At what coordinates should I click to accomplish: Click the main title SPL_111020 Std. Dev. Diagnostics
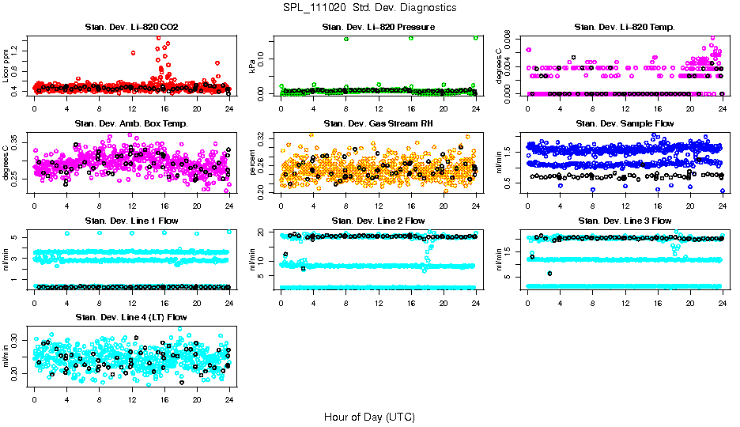(369, 7)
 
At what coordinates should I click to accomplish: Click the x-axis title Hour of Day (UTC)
(369, 416)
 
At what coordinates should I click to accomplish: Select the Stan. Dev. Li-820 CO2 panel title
(131, 28)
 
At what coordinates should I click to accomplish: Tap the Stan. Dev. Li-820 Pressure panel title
(378, 28)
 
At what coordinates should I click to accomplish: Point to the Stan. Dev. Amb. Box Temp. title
(131, 124)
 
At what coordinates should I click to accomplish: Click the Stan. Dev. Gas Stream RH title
(378, 124)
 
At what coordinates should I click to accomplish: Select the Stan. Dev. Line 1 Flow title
(131, 221)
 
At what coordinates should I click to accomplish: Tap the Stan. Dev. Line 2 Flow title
(378, 221)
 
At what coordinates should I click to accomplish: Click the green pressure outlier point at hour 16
(411, 38)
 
